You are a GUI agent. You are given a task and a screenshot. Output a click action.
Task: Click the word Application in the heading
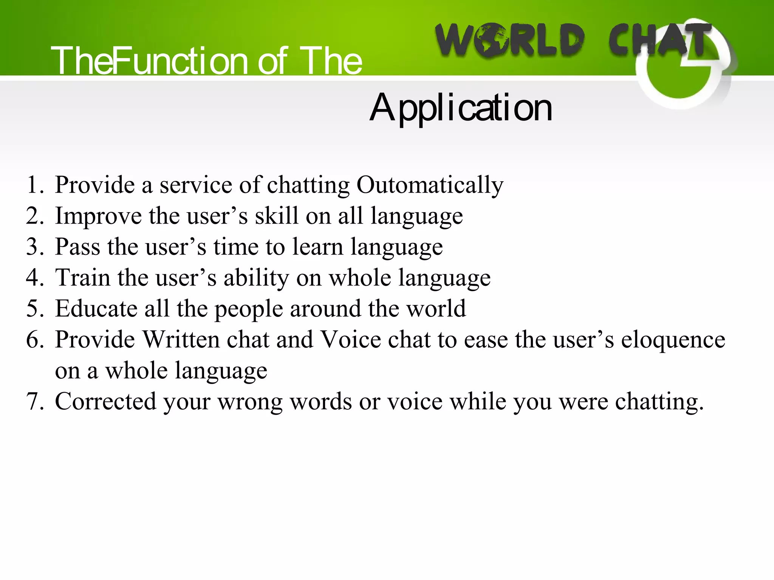pos(461,109)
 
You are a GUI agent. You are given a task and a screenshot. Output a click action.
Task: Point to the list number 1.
pos(35,185)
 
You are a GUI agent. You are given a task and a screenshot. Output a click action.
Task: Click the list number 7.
pos(35,401)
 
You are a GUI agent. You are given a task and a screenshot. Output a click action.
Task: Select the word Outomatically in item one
pos(430,185)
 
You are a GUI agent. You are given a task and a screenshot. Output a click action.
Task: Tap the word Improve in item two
pos(98,216)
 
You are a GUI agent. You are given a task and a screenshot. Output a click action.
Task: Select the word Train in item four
pos(83,278)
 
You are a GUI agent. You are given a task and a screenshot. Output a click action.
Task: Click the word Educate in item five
pos(96,309)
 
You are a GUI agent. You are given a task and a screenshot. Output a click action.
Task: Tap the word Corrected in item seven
pos(105,401)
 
